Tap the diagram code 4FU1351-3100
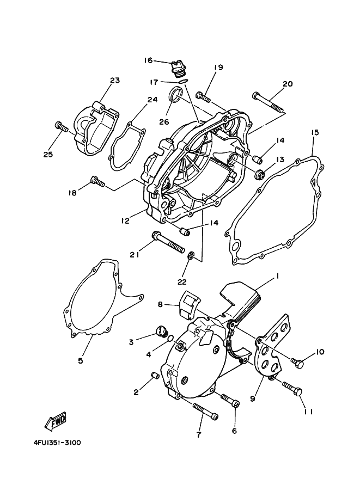53,443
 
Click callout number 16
148,60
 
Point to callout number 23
114,81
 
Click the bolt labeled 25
61,127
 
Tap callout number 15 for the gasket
315,133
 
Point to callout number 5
81,360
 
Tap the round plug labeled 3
161,329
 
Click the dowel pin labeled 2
154,375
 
